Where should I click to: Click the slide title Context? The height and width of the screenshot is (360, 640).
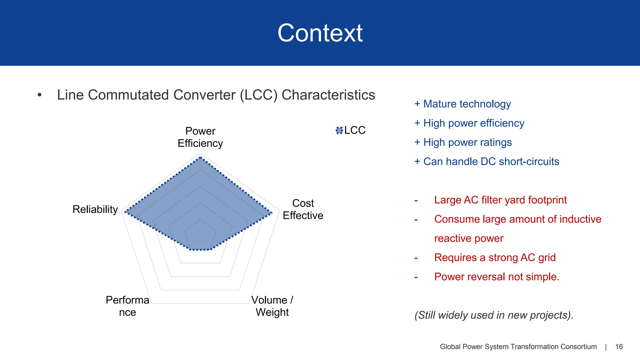pyautogui.click(x=320, y=33)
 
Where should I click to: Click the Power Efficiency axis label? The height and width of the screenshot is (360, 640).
pyautogui.click(x=200, y=137)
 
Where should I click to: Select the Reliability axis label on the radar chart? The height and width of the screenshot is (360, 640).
pyautogui.click(x=95, y=209)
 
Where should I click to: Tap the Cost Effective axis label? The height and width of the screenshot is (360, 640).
pyautogui.click(x=303, y=209)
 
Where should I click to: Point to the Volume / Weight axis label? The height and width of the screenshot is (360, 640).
pyautogui.click(x=272, y=306)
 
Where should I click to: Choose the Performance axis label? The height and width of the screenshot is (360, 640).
pyautogui.click(x=127, y=306)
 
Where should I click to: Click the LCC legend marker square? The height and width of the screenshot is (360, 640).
pyautogui.click(x=339, y=130)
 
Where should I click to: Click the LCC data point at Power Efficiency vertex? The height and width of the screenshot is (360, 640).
pyautogui.click(x=200, y=158)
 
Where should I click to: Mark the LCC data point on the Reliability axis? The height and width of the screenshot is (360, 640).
pyautogui.click(x=125, y=212)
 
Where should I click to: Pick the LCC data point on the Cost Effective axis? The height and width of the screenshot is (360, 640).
pyautogui.click(x=271, y=213)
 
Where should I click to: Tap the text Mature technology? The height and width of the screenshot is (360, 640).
pyautogui.click(x=467, y=104)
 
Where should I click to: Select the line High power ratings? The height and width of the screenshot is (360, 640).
pyautogui.click(x=467, y=142)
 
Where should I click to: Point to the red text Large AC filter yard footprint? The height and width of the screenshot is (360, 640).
pyautogui.click(x=500, y=200)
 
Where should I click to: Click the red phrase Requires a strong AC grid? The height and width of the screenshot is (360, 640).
pyautogui.click(x=495, y=257)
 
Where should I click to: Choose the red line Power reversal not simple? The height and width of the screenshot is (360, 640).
pyautogui.click(x=497, y=277)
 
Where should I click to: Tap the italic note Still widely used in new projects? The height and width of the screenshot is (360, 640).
pyautogui.click(x=494, y=315)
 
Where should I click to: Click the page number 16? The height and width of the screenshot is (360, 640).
pyautogui.click(x=619, y=347)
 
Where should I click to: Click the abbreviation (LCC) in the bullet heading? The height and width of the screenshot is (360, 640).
pyautogui.click(x=259, y=95)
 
